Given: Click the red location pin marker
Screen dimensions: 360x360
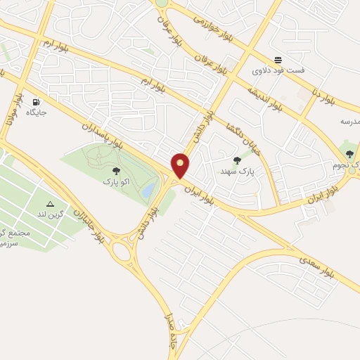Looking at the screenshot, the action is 181,165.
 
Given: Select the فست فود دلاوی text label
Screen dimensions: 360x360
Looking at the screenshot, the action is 279,71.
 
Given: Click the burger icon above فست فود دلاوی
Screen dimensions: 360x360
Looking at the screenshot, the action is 279,60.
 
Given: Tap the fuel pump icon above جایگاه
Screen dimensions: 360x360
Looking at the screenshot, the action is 35,101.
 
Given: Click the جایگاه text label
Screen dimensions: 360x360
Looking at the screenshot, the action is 35,112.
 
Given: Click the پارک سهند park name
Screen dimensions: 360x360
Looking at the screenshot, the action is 236,171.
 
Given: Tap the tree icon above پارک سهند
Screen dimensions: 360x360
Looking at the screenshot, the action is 236,160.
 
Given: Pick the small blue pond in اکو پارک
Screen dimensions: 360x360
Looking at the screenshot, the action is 148,190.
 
